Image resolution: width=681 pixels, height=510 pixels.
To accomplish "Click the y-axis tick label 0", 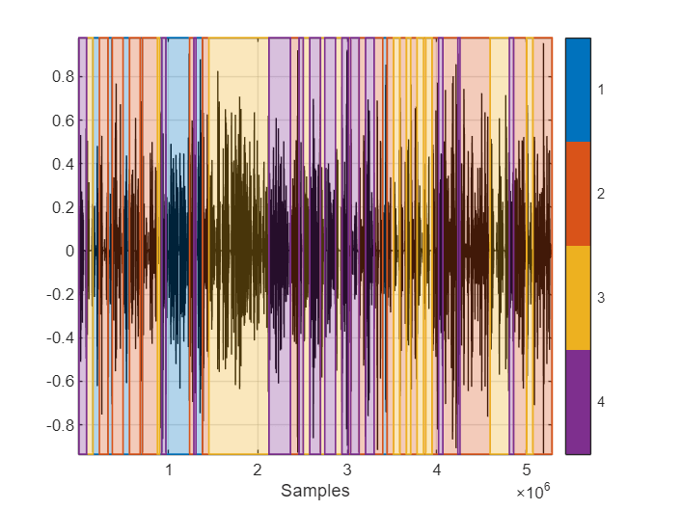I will (68, 251).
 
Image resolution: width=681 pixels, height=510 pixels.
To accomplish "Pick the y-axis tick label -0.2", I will (58, 294).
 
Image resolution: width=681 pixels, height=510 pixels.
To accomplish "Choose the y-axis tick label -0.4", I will (58, 337).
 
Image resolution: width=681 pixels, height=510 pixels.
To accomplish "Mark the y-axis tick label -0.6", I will (58, 381).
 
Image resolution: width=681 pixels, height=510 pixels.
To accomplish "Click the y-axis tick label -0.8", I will (58, 424).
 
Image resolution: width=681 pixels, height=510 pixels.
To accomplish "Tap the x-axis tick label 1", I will (169, 470).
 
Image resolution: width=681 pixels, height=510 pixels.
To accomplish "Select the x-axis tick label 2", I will (258, 470).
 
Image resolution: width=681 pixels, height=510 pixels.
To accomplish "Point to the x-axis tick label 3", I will (347, 470).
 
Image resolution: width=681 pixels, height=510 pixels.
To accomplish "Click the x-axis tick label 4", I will (437, 470).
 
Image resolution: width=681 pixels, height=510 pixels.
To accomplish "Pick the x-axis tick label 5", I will (527, 470).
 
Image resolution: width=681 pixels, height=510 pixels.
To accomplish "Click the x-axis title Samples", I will (314, 491).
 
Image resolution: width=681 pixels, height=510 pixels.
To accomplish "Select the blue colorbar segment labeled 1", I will (578, 90).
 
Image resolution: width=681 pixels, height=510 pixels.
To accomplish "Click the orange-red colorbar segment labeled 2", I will (578, 194).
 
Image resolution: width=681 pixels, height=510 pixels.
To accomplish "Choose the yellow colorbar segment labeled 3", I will (578, 298).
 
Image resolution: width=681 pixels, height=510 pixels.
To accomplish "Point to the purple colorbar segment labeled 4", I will (578, 402).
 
